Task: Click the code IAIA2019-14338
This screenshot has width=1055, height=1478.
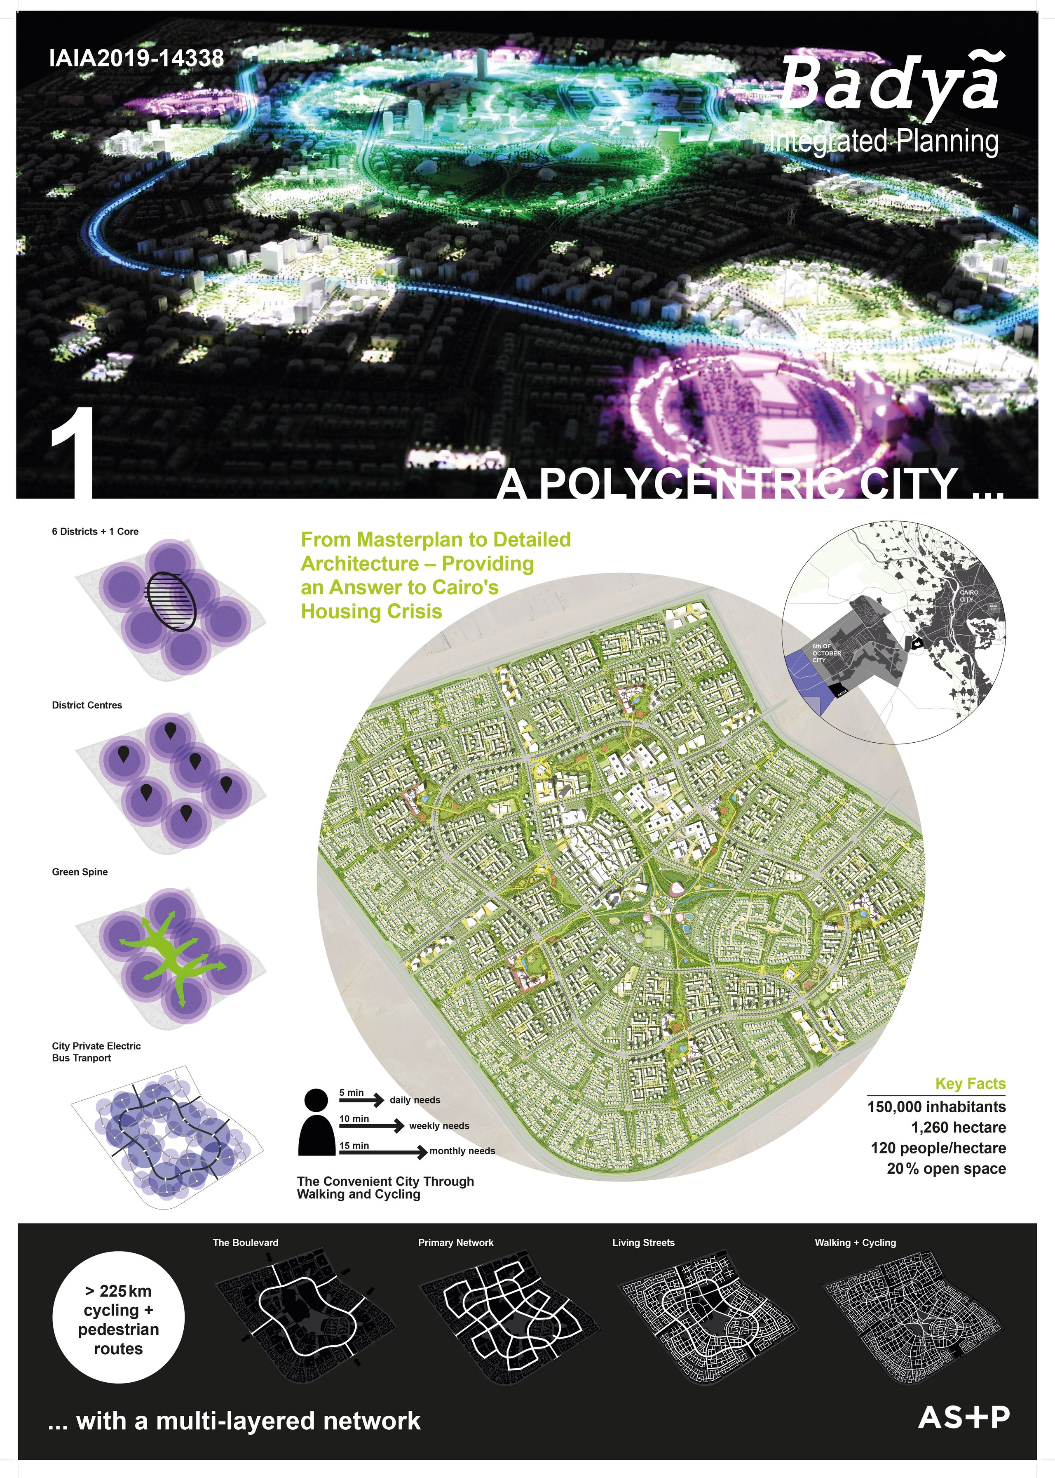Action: coord(136,59)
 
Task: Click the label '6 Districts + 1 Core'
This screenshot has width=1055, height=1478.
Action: coord(95,532)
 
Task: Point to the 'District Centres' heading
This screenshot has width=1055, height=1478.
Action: coord(87,705)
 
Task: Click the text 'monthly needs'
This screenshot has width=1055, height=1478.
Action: coord(462,1151)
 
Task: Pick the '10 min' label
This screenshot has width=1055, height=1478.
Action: coord(354,1118)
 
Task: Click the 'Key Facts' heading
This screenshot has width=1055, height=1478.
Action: coord(970,1083)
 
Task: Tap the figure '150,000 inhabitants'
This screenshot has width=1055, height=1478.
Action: coord(936,1107)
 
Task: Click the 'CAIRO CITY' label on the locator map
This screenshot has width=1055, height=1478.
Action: coord(968,595)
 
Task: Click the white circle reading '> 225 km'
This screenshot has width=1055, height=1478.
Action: coord(118,1319)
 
